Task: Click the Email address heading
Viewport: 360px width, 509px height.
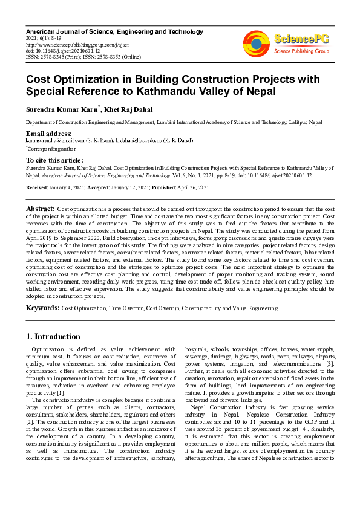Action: pyautogui.click(x=49, y=133)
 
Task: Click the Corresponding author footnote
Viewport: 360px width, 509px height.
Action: pyautogui.click(x=51, y=147)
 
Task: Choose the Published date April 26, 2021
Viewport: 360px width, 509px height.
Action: pyautogui.click(x=192, y=187)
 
